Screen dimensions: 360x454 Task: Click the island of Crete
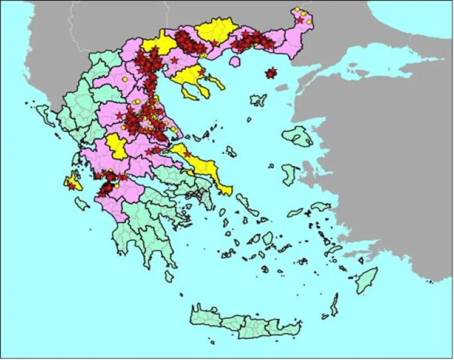[x=243, y=322]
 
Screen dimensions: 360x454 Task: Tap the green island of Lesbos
[x=299, y=136]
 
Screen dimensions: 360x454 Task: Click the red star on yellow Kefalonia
[x=72, y=186]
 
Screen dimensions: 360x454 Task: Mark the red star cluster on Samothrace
[x=271, y=73]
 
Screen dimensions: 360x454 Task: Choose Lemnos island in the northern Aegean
[x=259, y=100]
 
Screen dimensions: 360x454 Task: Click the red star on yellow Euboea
[x=187, y=154]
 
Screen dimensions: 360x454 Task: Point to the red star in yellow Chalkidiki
[x=202, y=73]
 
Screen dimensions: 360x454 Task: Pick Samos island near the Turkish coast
[x=320, y=207]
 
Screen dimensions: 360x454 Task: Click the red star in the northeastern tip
[x=299, y=21]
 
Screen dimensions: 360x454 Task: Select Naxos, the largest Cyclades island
[x=268, y=238]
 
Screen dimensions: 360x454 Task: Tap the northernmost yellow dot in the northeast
[x=297, y=10]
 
